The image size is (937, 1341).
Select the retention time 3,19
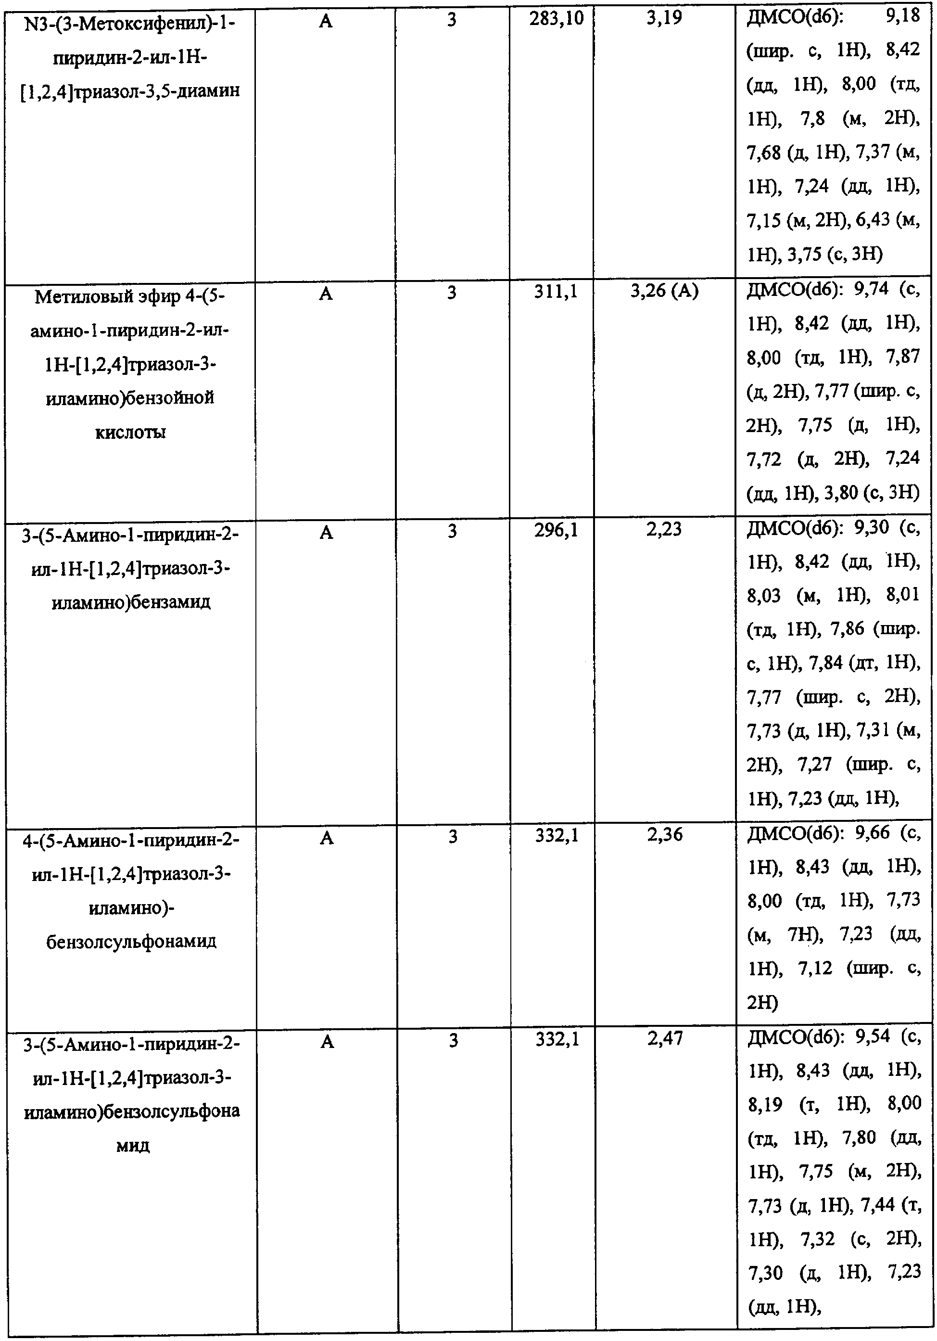(x=664, y=19)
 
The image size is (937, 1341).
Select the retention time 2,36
(x=664, y=835)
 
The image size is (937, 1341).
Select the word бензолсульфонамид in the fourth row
(x=131, y=942)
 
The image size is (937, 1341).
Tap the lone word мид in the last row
(x=133, y=1145)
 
